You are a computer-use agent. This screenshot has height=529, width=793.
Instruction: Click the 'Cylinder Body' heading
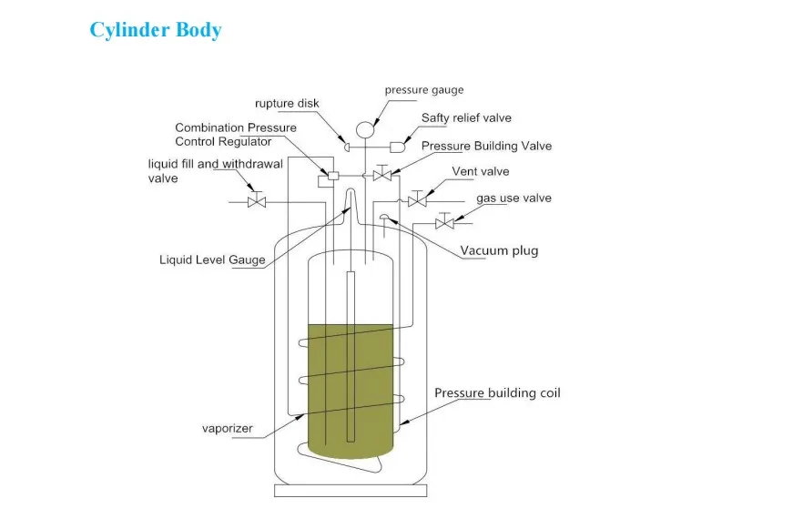(x=155, y=30)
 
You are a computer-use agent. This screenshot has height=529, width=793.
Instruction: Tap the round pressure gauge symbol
(x=364, y=129)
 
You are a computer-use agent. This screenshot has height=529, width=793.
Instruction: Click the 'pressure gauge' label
(x=423, y=90)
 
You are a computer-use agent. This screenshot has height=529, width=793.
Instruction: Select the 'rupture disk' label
(x=286, y=104)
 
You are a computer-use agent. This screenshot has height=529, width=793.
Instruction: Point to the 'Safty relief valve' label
(x=466, y=118)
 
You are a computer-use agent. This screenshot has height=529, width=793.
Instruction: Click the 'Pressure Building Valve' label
(x=486, y=146)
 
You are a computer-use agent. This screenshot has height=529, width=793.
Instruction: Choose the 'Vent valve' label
(x=480, y=171)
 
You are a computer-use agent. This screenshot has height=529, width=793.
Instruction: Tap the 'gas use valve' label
(x=513, y=198)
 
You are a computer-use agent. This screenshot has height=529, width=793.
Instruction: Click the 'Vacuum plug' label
(x=499, y=250)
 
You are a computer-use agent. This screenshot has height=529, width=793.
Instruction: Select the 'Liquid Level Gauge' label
(x=212, y=260)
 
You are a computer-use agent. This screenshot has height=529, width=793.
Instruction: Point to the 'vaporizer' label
(x=227, y=428)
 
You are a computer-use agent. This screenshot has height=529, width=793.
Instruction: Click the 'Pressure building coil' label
(x=497, y=393)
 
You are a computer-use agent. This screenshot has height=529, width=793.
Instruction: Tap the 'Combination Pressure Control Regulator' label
(x=236, y=135)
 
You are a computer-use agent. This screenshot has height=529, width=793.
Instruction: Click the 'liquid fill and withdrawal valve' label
(x=216, y=171)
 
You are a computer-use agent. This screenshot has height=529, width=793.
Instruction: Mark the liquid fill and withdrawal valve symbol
(x=257, y=201)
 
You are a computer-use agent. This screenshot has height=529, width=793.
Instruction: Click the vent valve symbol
(x=417, y=200)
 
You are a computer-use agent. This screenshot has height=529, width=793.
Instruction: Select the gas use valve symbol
(x=444, y=223)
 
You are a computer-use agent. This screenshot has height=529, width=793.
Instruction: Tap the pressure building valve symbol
(x=383, y=174)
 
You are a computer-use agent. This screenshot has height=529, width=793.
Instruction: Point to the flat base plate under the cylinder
(x=351, y=491)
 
